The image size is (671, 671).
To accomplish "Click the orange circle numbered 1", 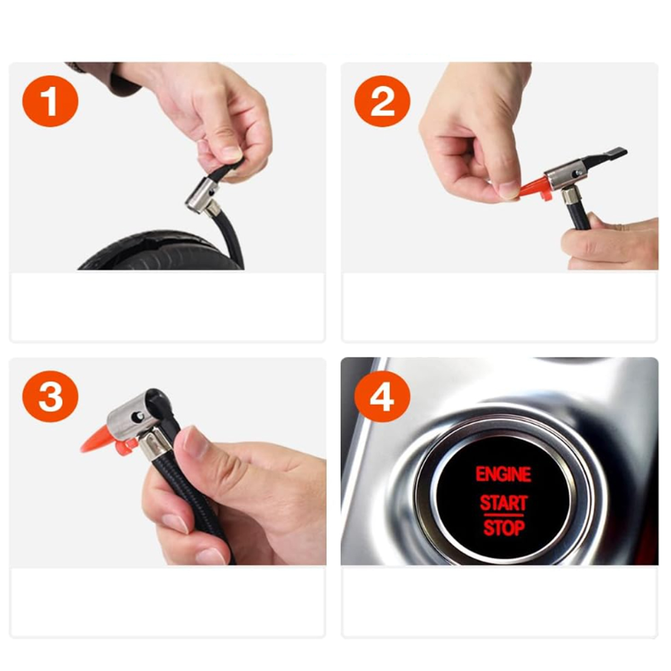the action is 50,101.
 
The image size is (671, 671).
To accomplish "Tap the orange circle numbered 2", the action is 382,101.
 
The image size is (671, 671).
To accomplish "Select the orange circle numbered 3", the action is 50,396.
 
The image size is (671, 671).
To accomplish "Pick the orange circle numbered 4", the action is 382,396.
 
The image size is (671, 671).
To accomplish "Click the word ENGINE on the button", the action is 503,474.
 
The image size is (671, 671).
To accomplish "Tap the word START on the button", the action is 503,503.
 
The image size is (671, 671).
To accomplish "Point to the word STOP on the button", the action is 504,528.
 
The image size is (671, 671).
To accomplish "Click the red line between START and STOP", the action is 503,515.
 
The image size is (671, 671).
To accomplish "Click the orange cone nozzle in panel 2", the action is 533,189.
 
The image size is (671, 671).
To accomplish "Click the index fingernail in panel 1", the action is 231,152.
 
